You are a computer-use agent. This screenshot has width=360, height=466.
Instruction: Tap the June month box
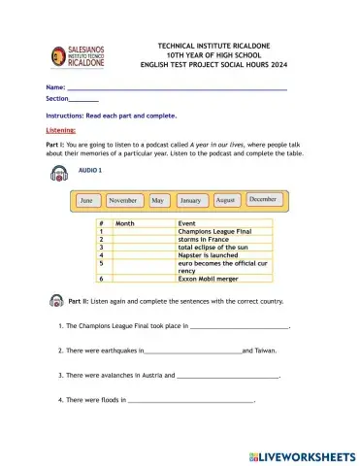[x=86, y=200]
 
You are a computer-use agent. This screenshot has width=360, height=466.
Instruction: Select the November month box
[x=122, y=200]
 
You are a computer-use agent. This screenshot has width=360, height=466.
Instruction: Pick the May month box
[x=157, y=200]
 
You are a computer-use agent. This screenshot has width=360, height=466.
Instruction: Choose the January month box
[x=191, y=200]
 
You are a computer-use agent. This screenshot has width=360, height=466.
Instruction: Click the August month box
[x=226, y=199]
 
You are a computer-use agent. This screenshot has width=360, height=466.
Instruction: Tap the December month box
[x=262, y=198]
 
